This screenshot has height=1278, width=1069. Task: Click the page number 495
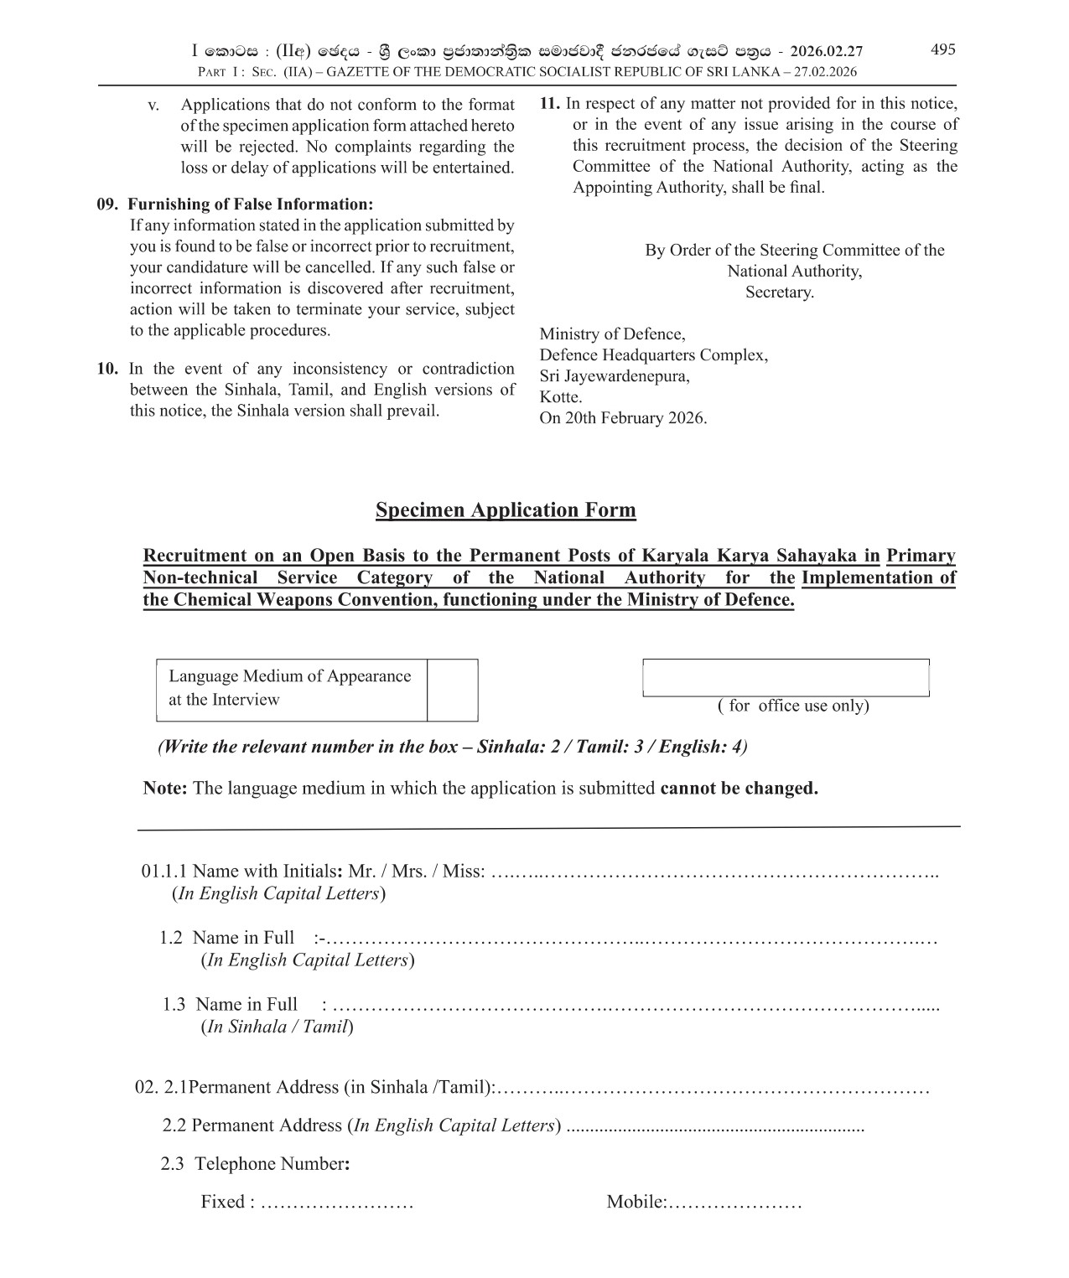[942, 49]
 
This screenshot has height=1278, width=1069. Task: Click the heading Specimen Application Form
[506, 510]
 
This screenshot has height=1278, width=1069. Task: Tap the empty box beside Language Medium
[452, 690]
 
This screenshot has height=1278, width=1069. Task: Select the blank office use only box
[786, 677]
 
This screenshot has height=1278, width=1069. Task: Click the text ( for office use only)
[792, 706]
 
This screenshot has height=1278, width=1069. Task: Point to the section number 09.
[106, 204]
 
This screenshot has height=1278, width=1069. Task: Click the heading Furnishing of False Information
[251, 204]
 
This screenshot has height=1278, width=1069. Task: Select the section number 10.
[106, 369]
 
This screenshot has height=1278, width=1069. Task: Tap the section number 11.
[549, 104]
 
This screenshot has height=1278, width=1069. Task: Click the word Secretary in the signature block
[779, 292]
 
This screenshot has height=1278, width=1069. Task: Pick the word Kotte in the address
[560, 397]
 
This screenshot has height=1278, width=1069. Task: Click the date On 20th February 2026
[623, 418]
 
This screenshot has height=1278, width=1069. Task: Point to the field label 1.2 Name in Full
[226, 938]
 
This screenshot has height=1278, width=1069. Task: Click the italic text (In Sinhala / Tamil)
[277, 1027]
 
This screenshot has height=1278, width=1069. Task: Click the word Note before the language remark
[164, 789]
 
